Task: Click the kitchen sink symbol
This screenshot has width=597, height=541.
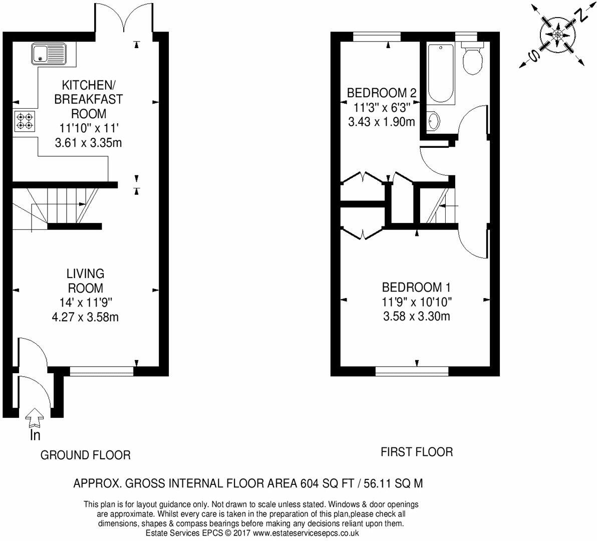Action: click(x=49, y=53)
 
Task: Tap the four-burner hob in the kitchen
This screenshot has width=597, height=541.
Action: click(x=25, y=121)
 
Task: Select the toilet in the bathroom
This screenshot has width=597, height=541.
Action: click(x=472, y=57)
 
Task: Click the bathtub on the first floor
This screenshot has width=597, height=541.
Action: click(x=441, y=74)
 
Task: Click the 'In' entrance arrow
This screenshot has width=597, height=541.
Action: click(x=35, y=417)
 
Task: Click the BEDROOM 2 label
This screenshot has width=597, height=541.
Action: click(x=382, y=93)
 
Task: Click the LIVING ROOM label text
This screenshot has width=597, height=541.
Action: click(x=85, y=281)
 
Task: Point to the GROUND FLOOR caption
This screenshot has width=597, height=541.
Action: click(x=85, y=455)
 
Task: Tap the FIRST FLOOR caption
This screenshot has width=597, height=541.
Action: click(x=417, y=452)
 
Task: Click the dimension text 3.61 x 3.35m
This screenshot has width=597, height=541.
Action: click(x=88, y=143)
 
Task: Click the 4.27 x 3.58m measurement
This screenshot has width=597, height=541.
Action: click(x=85, y=317)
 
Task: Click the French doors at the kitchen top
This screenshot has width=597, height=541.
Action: click(x=124, y=17)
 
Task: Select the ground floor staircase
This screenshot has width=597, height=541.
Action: click(x=57, y=209)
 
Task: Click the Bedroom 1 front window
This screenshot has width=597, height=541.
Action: click(x=412, y=371)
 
